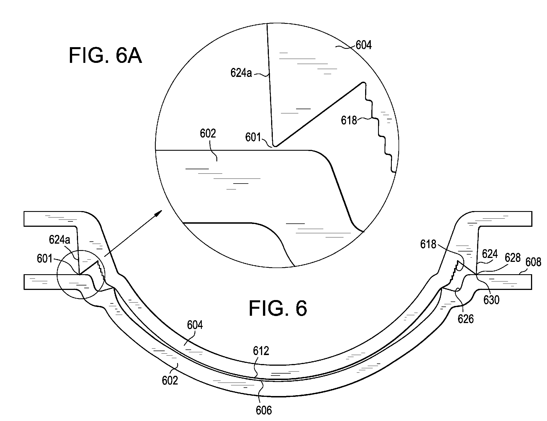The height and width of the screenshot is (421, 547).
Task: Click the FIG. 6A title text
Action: (x=105, y=56)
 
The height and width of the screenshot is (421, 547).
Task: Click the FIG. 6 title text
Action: (x=278, y=308)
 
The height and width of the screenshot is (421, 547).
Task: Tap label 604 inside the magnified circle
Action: (x=363, y=45)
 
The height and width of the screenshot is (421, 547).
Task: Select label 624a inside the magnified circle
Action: (x=241, y=73)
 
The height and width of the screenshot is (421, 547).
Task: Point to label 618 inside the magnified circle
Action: (x=349, y=120)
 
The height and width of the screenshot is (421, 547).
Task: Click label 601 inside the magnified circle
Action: (x=253, y=138)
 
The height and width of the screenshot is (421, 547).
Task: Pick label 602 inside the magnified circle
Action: (x=208, y=134)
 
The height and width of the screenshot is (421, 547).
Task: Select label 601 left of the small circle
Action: (x=45, y=258)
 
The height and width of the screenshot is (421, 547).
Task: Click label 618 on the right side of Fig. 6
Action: (x=428, y=244)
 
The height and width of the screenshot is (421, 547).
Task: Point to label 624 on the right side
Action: (x=490, y=254)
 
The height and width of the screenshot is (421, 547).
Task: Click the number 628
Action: (x=512, y=258)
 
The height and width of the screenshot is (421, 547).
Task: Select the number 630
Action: (x=491, y=300)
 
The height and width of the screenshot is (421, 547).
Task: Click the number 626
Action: (x=466, y=319)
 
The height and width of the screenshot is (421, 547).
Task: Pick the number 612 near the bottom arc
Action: (x=261, y=351)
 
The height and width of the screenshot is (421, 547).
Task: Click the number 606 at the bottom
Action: (x=264, y=411)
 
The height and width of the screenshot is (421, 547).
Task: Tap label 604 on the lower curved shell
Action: (x=195, y=325)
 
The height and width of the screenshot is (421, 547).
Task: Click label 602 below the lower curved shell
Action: (x=170, y=381)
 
